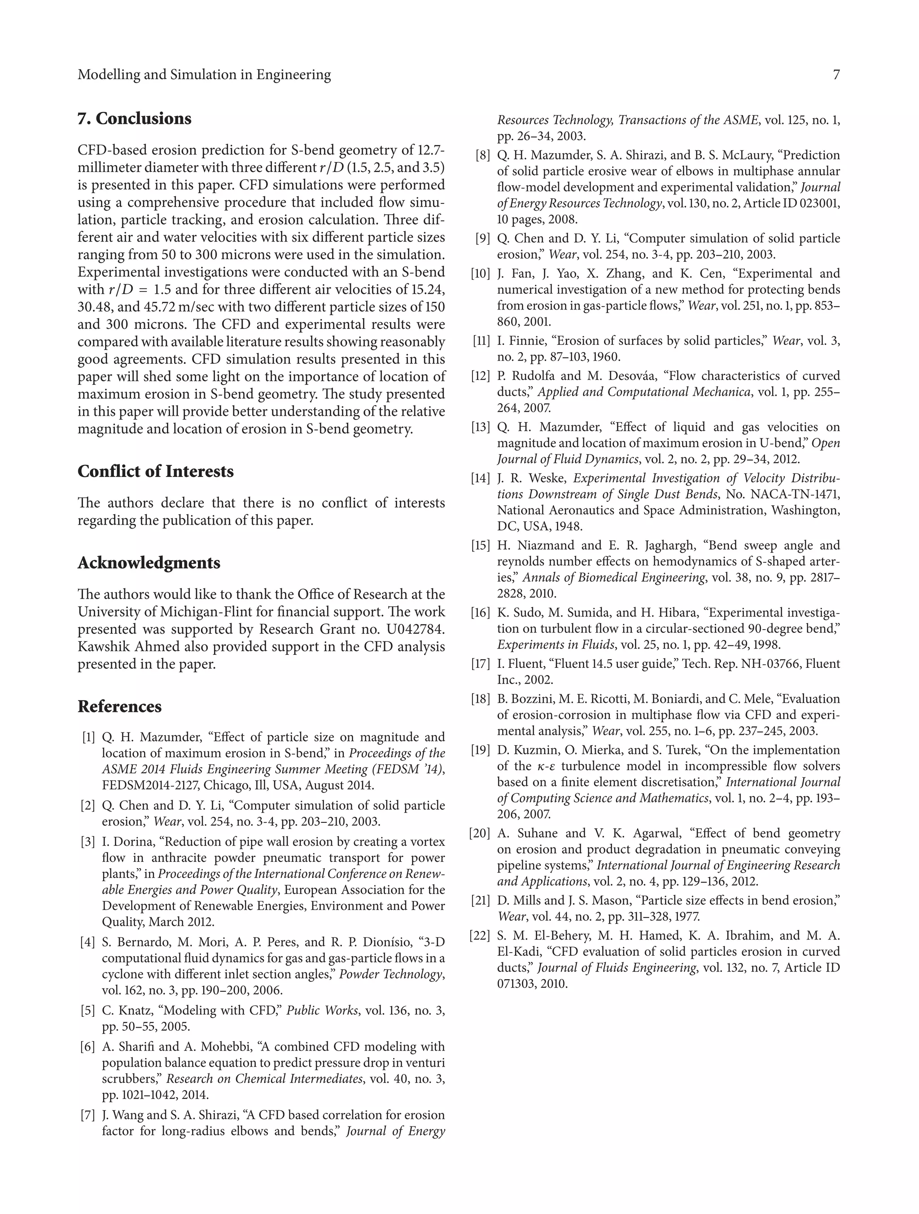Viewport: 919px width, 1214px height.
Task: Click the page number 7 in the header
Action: click(836, 75)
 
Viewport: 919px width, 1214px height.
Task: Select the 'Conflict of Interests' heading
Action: click(155, 472)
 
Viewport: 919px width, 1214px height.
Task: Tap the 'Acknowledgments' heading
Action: click(149, 563)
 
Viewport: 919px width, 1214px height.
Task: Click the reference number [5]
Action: click(88, 1011)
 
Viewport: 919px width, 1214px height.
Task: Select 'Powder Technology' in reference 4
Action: click(390, 974)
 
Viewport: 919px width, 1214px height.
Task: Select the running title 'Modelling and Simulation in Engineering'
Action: click(204, 75)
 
